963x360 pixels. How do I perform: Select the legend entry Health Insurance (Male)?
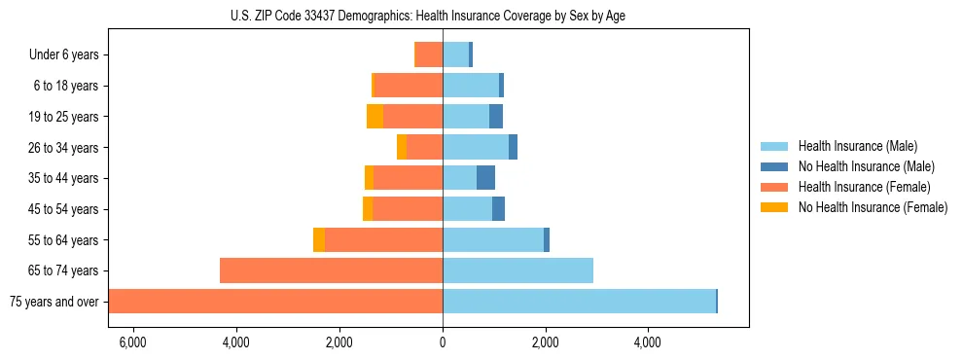tap(857, 146)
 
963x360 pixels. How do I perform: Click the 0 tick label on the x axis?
tap(443, 342)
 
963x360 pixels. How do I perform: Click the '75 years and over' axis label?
tap(53, 302)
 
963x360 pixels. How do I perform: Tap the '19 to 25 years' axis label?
tap(63, 117)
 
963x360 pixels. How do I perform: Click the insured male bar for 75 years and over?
tap(579, 302)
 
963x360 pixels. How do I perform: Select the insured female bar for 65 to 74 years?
tap(331, 270)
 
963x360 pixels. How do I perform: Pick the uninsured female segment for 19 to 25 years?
tap(374, 117)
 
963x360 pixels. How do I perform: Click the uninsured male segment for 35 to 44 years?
tap(485, 178)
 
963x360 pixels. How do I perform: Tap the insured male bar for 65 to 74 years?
tap(517, 270)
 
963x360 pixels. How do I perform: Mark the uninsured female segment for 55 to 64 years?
tap(319, 239)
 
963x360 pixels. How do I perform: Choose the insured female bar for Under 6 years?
tap(430, 54)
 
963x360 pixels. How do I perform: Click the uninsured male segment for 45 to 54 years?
tap(498, 209)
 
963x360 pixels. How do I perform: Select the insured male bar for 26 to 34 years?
tap(476, 147)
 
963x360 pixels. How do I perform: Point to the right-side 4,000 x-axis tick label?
tap(648, 342)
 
